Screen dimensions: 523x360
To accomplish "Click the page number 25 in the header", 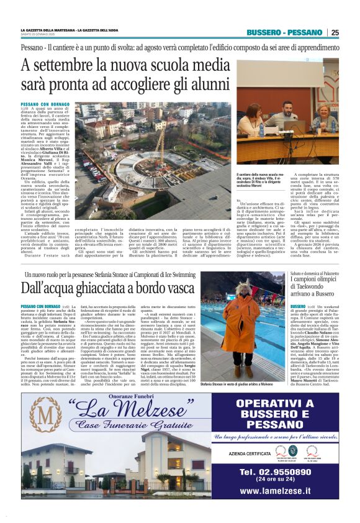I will pos(335,32).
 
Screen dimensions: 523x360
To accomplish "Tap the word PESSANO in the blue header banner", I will pos(304,32).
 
